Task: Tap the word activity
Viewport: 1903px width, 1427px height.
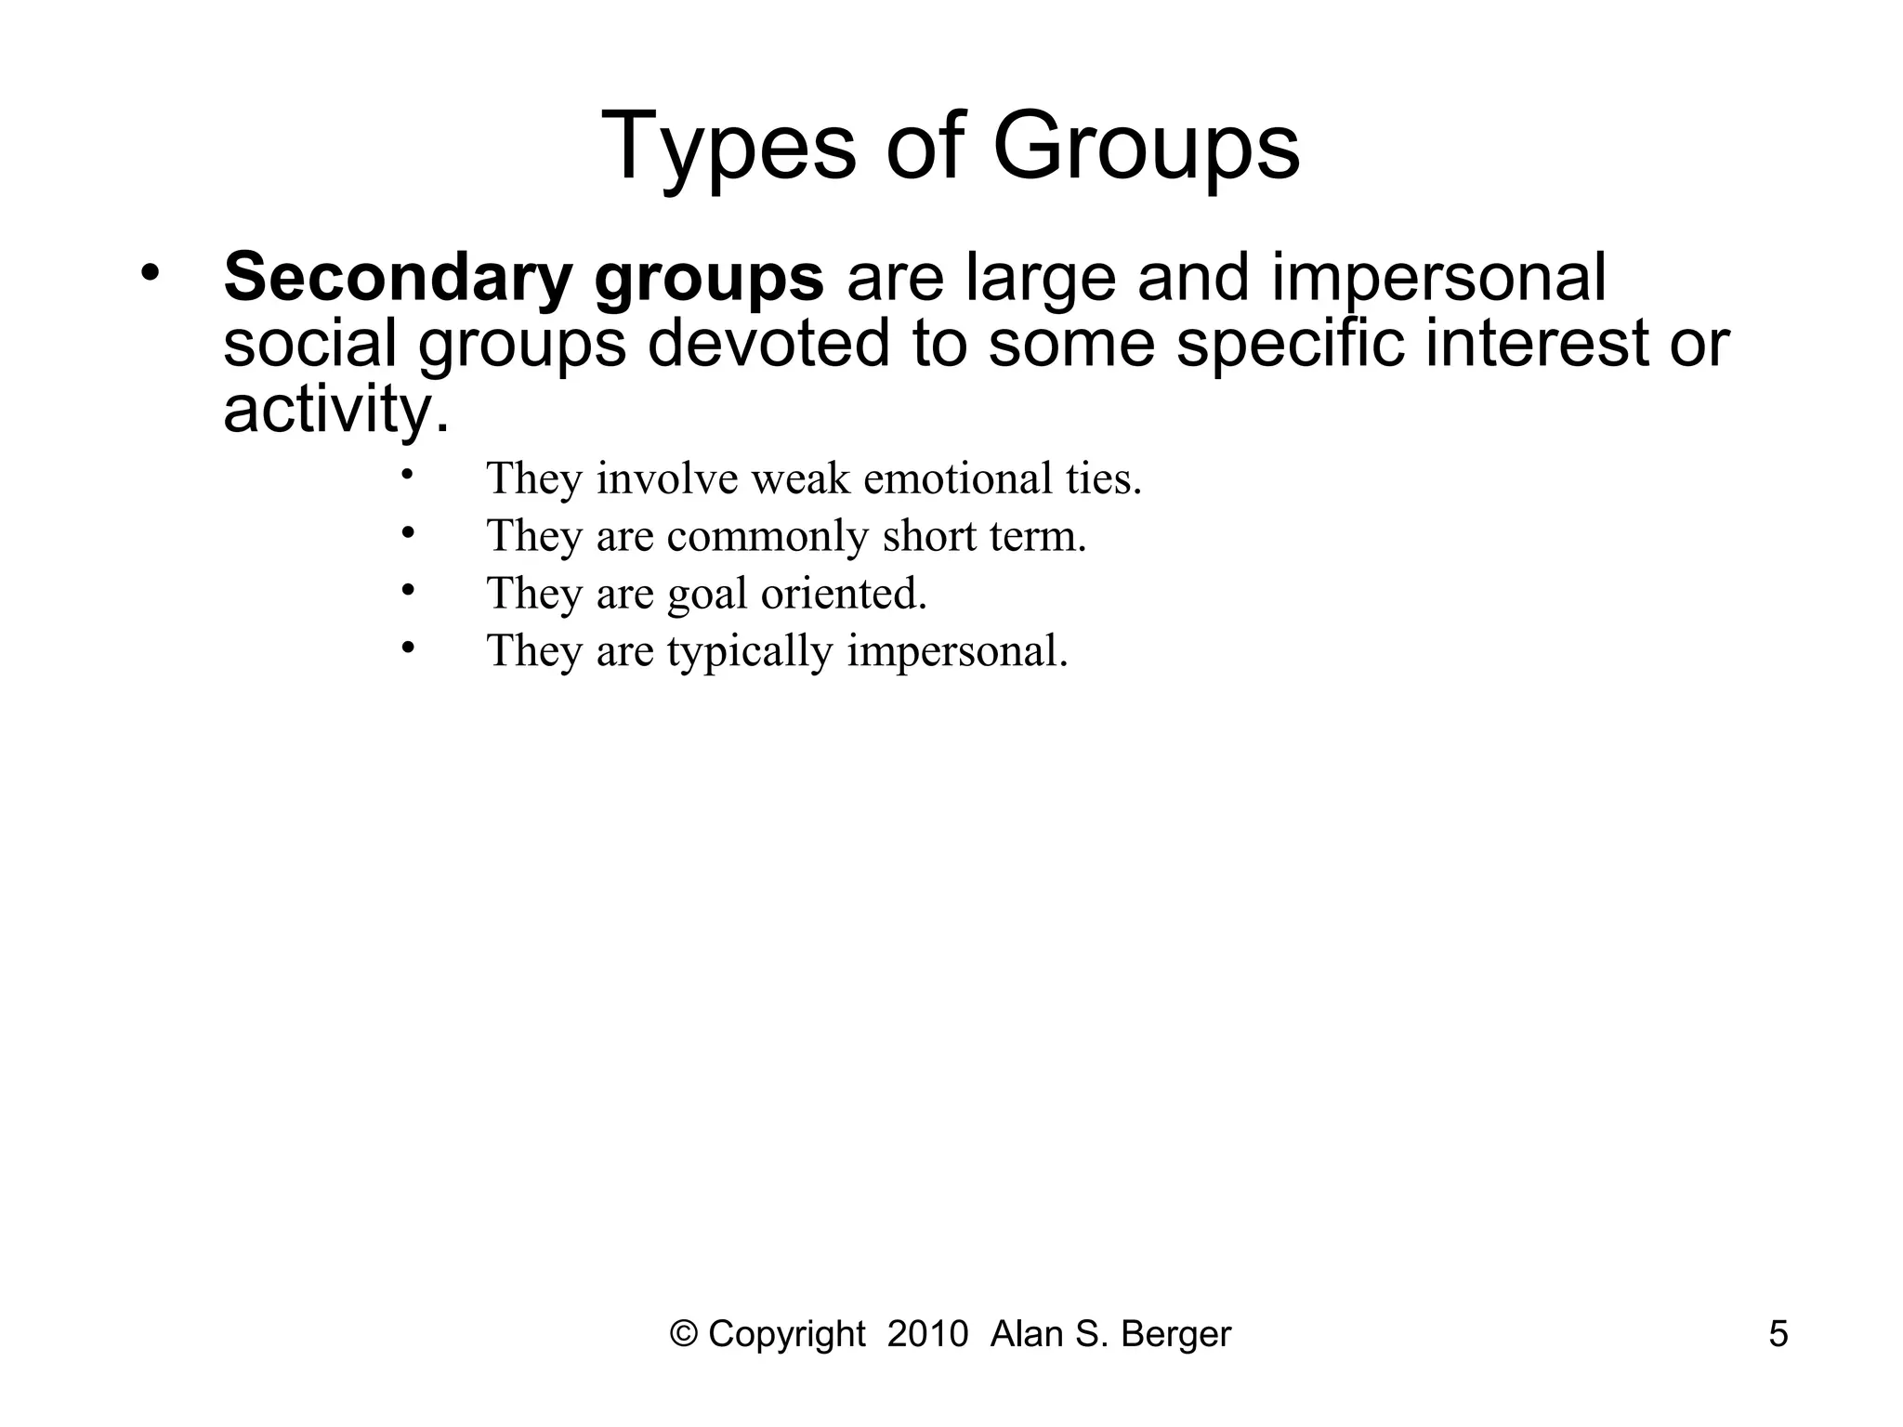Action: pos(335,409)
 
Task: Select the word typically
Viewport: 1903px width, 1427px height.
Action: pos(749,651)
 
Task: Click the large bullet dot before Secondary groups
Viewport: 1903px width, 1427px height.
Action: pos(151,273)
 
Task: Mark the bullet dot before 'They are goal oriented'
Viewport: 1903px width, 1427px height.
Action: pos(407,590)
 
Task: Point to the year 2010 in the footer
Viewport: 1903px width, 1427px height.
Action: pos(927,1334)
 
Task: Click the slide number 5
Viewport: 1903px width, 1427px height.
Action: pos(1778,1334)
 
